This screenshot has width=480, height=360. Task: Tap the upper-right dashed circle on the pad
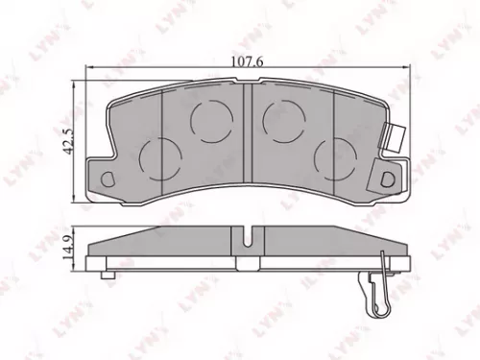(x=283, y=118)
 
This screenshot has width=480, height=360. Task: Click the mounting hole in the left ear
(x=107, y=178)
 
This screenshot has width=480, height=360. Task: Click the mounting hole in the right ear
(x=387, y=178)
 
